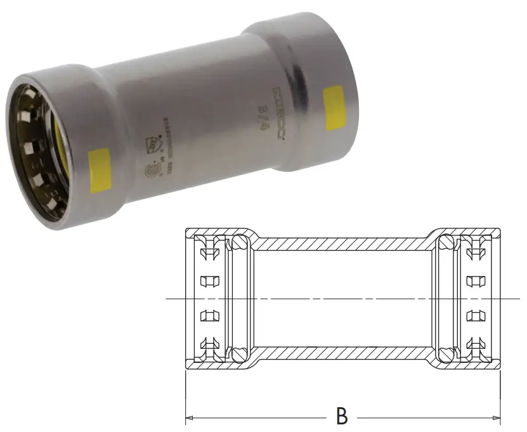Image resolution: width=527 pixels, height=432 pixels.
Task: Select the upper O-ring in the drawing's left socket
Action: click(238, 243)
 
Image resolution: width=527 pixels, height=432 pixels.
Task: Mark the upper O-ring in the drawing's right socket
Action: click(448, 243)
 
